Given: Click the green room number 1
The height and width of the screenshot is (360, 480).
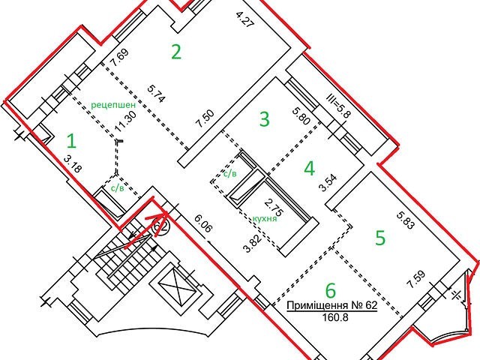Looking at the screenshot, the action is (x=72, y=142).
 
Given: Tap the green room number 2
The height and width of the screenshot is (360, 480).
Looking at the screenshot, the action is (x=176, y=52).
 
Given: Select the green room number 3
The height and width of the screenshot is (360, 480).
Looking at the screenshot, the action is (x=265, y=119).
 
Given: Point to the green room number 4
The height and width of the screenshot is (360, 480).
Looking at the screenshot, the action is (x=310, y=168).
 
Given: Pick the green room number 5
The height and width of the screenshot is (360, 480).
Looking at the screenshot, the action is (x=380, y=238).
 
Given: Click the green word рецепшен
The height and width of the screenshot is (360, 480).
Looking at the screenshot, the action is (x=113, y=105).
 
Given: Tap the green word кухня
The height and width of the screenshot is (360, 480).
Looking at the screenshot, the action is (x=265, y=218).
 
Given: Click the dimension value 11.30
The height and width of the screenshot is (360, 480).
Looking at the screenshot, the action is (x=121, y=121).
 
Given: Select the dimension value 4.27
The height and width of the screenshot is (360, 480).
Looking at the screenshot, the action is (x=246, y=19).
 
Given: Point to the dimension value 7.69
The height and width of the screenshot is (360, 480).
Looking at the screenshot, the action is (x=120, y=57).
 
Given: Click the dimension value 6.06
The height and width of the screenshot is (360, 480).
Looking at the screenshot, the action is (x=203, y=223).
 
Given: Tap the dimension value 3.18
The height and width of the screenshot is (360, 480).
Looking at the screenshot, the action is (x=73, y=164).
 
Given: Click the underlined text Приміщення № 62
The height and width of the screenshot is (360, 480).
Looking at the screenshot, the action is (x=331, y=305).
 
